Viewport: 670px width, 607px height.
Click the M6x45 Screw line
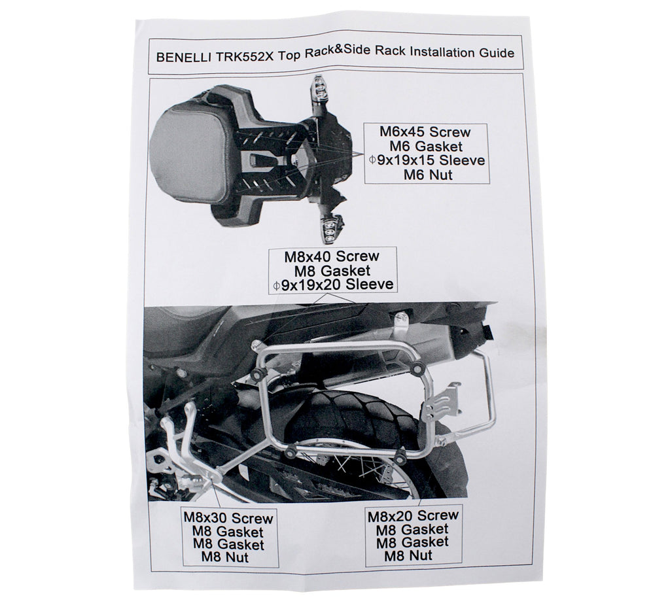(425, 131)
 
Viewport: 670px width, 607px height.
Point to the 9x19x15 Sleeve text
(431, 160)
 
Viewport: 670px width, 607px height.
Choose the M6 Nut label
(428, 174)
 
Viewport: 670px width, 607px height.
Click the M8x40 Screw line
(332, 256)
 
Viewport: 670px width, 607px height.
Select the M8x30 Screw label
(228, 518)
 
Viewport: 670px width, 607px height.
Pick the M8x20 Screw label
(414, 515)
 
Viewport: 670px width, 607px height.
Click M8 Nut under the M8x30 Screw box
(225, 557)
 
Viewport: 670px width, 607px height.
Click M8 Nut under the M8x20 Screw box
(408, 555)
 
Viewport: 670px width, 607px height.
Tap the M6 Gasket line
(427, 146)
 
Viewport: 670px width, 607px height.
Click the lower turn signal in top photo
(330, 226)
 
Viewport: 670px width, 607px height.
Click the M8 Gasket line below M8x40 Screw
(332, 270)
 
